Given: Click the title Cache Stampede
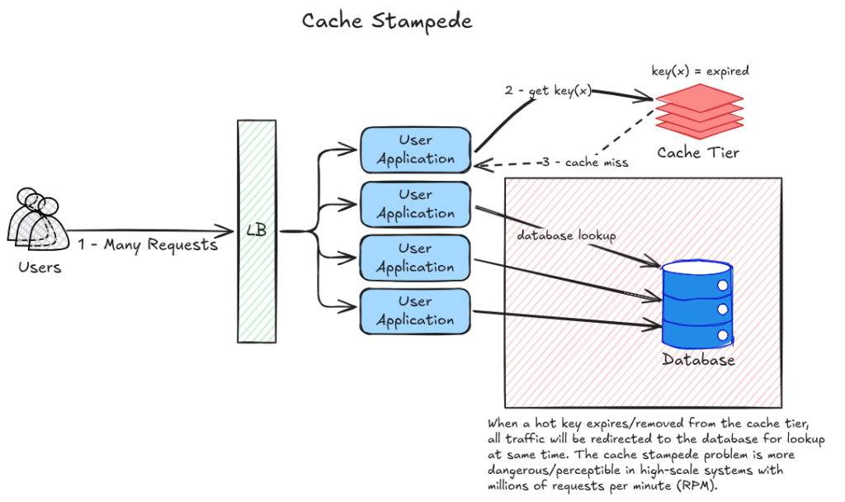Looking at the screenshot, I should [x=386, y=20].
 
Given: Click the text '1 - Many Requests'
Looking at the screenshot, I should [x=148, y=245].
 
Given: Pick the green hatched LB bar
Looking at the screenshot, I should [x=257, y=231].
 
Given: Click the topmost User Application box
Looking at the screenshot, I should [x=415, y=149].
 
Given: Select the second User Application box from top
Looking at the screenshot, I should [x=415, y=204].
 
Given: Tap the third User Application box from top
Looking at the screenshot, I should [x=415, y=258].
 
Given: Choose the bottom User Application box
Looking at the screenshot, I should [x=415, y=310].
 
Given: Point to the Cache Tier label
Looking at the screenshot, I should [x=698, y=153].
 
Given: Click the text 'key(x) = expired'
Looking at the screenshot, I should [x=700, y=71].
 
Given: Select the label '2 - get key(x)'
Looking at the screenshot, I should [x=548, y=91].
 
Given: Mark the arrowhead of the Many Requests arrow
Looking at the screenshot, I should [x=230, y=231].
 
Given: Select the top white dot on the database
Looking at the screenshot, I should [x=723, y=285].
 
